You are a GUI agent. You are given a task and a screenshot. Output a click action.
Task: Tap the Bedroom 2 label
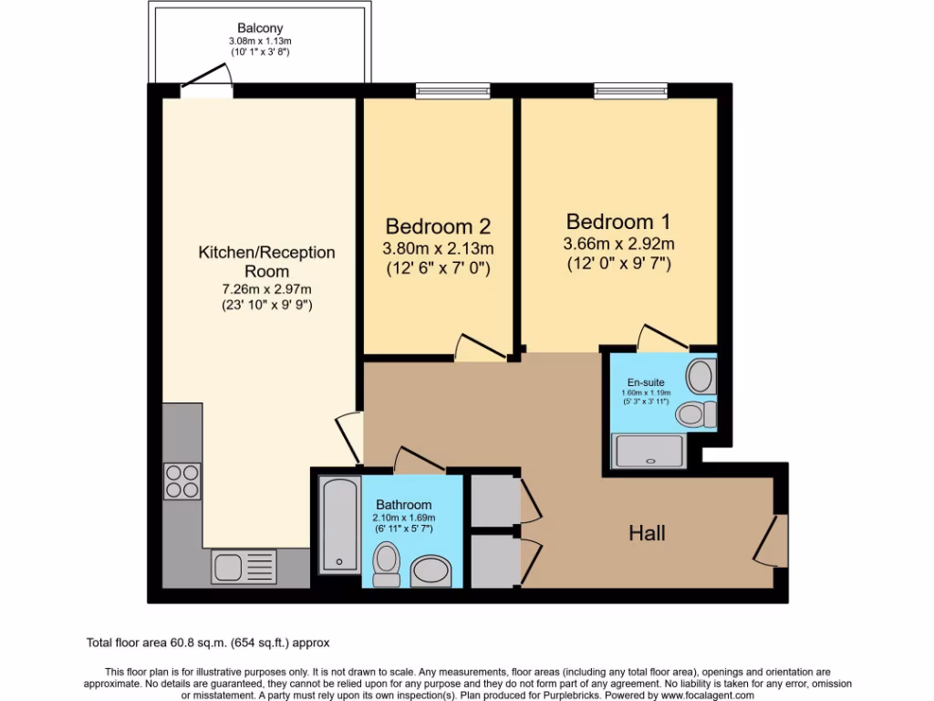[439, 226]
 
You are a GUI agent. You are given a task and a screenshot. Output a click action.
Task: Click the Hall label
[647, 533]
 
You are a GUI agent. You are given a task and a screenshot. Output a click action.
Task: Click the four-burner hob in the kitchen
[182, 481]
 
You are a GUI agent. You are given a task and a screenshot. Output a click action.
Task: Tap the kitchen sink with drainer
[244, 567]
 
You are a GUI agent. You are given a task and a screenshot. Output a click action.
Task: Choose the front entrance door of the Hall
[772, 539]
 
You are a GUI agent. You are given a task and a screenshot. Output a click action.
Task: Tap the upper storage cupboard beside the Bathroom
[493, 500]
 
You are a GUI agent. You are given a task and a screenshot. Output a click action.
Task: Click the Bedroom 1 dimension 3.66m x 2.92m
[619, 244]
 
